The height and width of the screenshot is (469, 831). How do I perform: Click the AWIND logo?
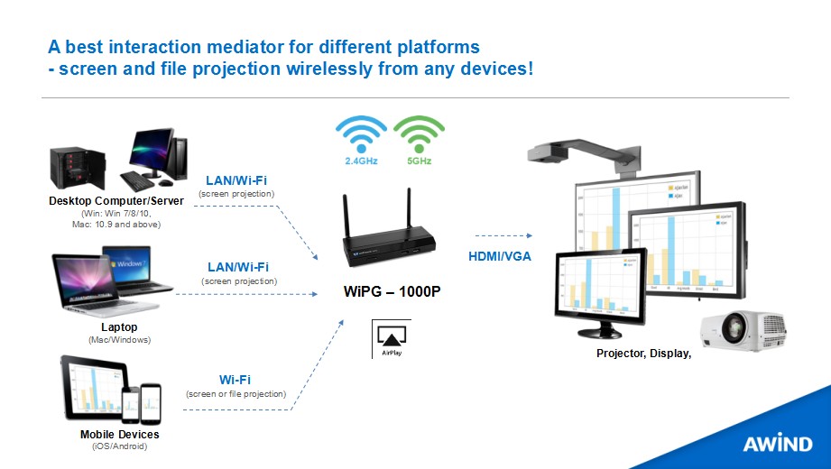pyautogui.click(x=777, y=443)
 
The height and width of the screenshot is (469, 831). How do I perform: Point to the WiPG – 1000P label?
pyautogui.click(x=392, y=292)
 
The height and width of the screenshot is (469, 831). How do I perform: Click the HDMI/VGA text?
pyautogui.click(x=500, y=256)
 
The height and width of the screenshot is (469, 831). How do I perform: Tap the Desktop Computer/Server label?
pyautogui.click(x=116, y=200)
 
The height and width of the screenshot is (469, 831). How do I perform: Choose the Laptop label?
pyautogui.click(x=119, y=327)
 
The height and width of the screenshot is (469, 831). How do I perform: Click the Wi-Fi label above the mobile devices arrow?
pyautogui.click(x=235, y=380)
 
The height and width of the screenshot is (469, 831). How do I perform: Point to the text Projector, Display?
pyautogui.click(x=643, y=354)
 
